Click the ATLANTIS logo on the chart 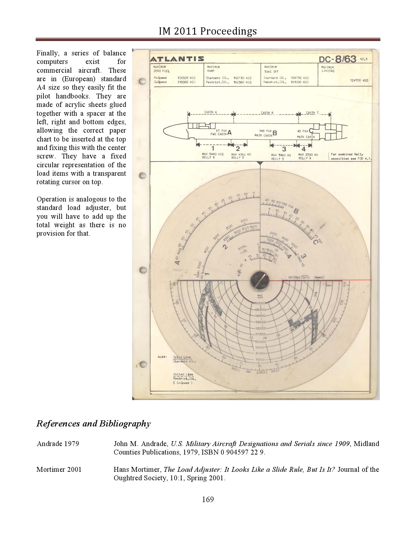177,59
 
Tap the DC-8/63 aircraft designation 337,59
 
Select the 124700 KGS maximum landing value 359,80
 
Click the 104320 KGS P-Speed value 186,78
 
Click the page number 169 208,499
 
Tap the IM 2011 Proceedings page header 208,31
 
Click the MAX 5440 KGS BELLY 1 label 213,156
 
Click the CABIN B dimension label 267,113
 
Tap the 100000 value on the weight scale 260,342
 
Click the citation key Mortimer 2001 59,470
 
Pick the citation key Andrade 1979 58,444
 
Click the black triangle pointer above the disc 260,163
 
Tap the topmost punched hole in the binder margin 142,81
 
